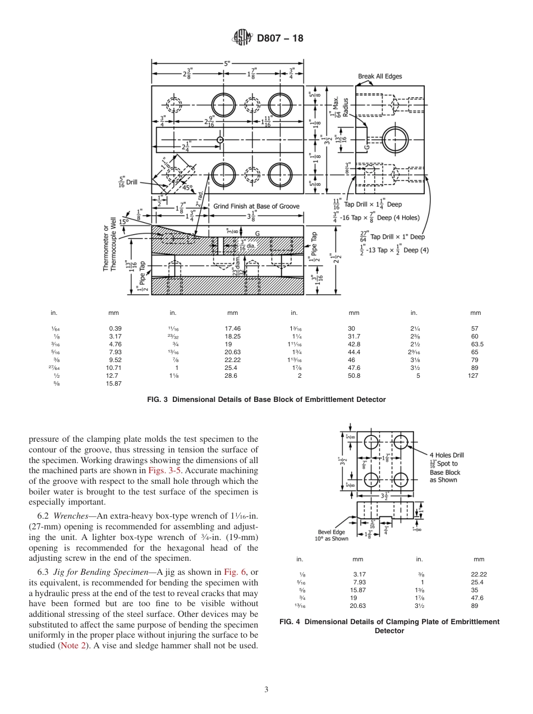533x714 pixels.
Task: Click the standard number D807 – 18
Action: [279, 39]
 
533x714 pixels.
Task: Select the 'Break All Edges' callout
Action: [380, 76]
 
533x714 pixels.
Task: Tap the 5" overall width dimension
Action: [227, 63]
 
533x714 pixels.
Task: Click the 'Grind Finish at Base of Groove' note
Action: [256, 206]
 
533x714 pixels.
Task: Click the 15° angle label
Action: [123, 222]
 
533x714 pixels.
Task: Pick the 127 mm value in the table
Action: [473, 376]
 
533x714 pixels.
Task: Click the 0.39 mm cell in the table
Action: [115, 328]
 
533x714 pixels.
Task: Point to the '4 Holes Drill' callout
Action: [447, 455]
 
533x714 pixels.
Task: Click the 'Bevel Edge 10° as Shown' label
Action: [332, 535]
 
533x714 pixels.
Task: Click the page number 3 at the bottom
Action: [266, 690]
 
